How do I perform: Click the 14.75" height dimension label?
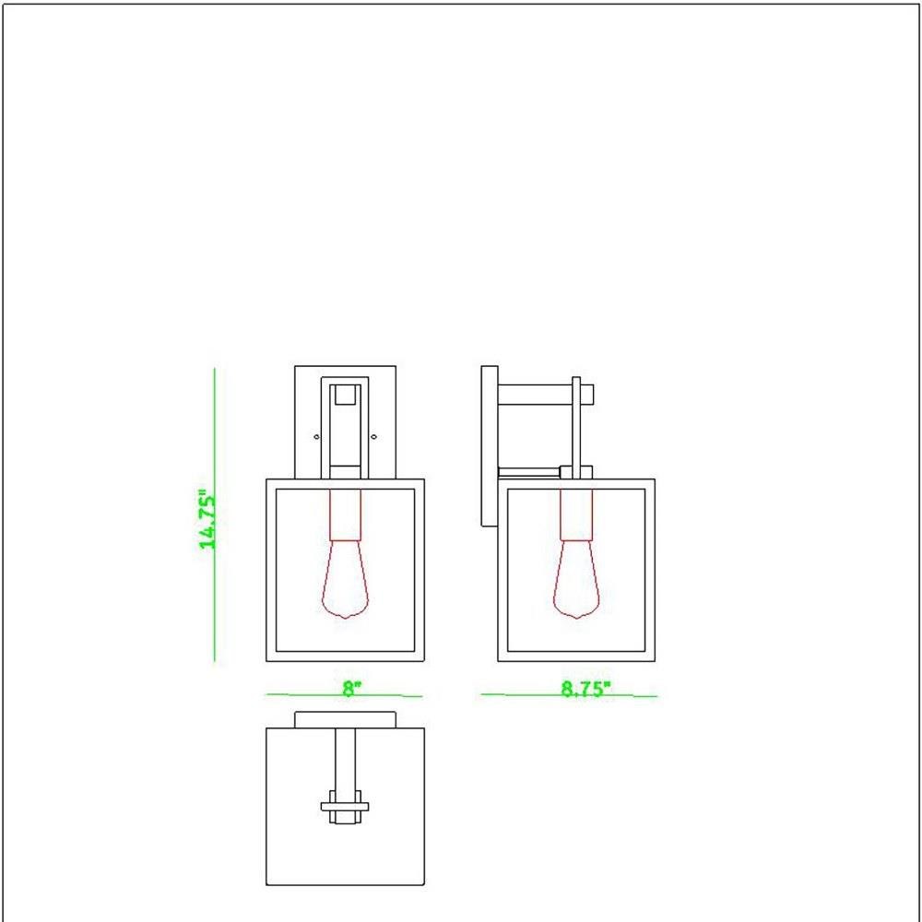coord(207,520)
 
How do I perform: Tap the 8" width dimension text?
coord(351,688)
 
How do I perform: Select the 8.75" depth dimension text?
coord(585,689)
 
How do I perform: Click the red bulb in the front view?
coord(345,579)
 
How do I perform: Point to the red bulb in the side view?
coord(576,579)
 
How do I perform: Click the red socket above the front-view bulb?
coord(345,514)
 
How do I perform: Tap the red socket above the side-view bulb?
coord(576,514)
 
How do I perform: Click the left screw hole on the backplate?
coord(317,437)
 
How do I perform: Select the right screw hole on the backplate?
coord(373,437)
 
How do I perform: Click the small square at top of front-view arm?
coord(345,395)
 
